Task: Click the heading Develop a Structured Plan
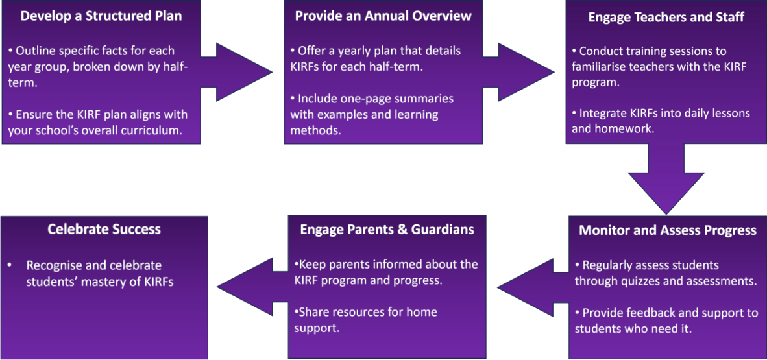coord(101,16)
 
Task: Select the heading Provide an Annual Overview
coord(383,16)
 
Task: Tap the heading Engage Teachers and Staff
coord(666,17)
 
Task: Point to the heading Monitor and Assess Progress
coord(668,230)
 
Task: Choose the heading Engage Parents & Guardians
coord(387,230)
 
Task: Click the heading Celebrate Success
coord(104,230)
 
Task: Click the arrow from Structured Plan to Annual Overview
coord(236,73)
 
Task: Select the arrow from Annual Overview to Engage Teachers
coord(518,73)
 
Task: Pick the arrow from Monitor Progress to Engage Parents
coord(533,287)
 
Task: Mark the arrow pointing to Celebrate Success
coord(252,287)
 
